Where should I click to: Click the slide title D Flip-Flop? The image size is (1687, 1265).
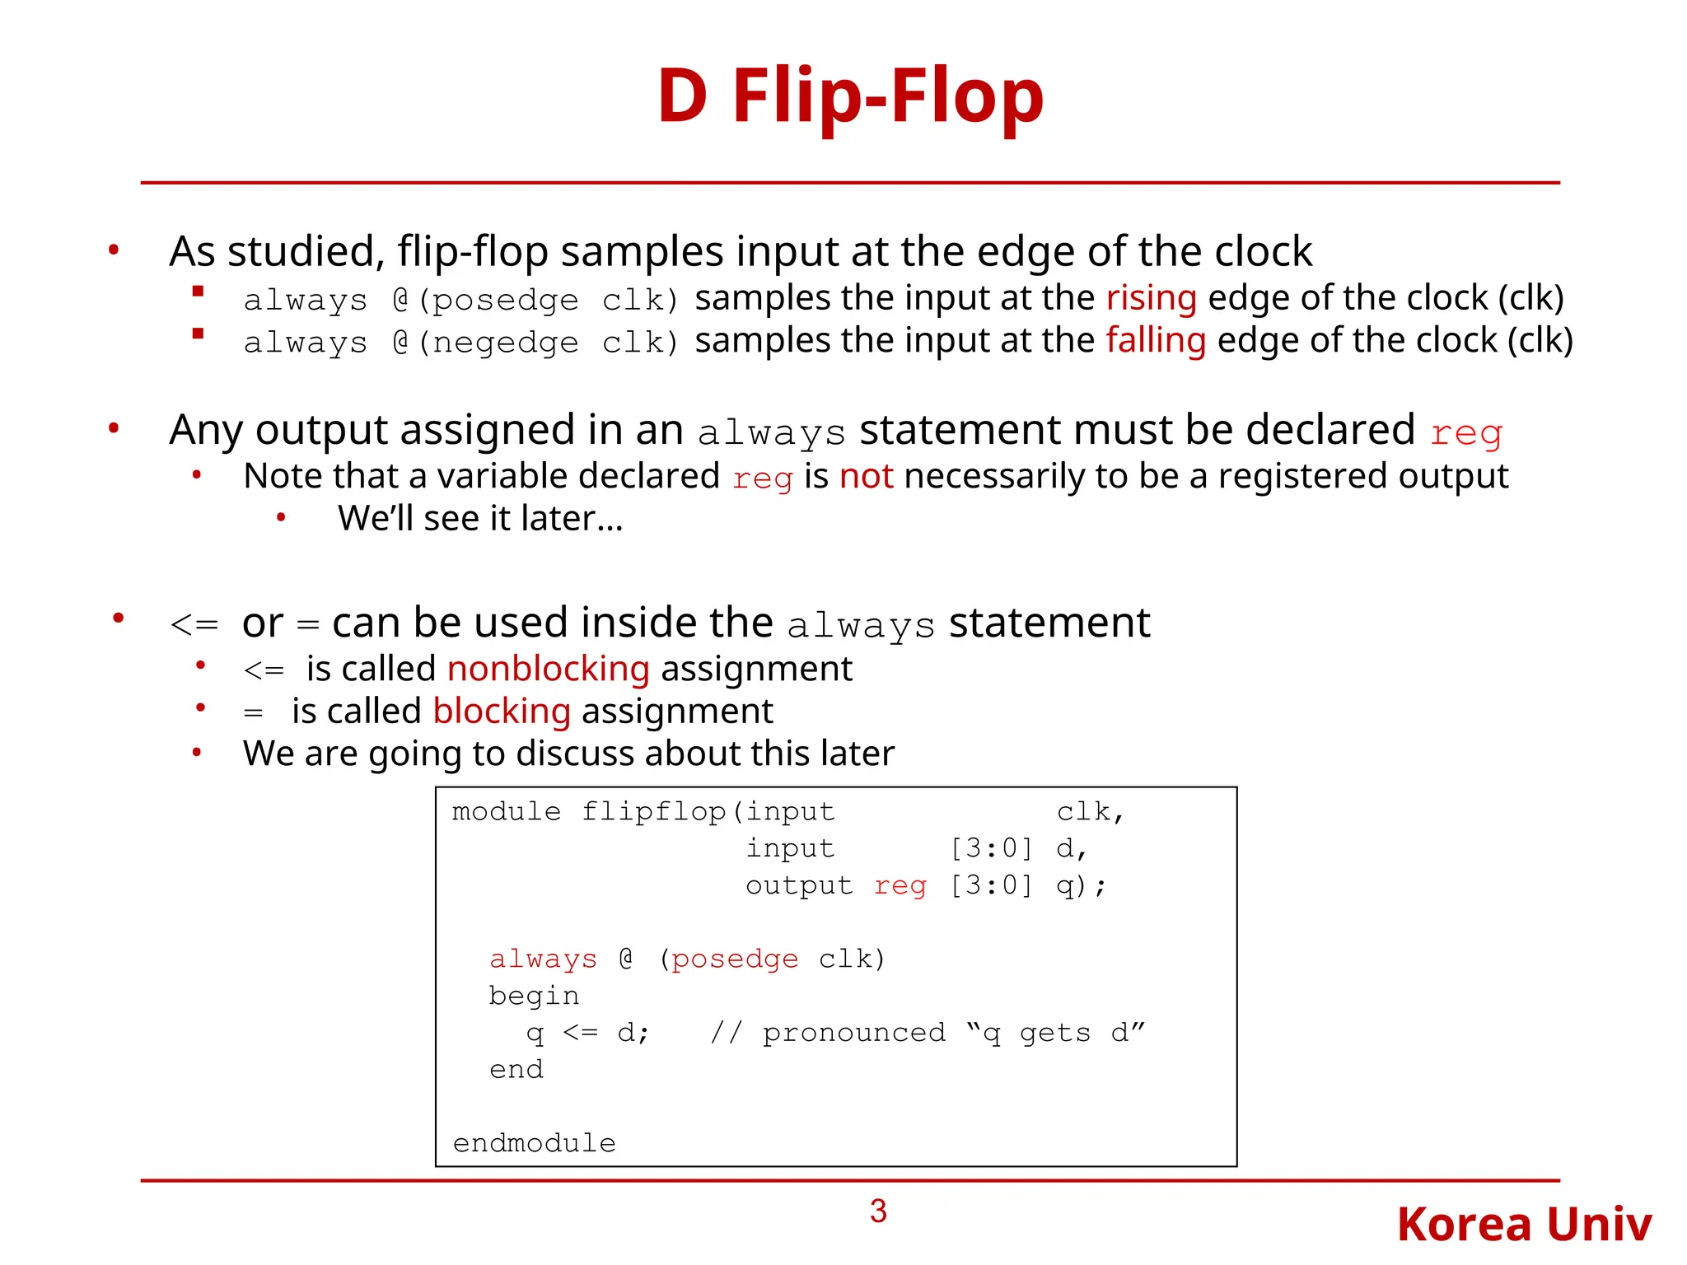click(850, 97)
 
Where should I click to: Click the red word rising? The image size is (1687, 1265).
click(1151, 298)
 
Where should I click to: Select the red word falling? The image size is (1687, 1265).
click(1156, 340)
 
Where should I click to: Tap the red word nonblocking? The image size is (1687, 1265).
click(549, 669)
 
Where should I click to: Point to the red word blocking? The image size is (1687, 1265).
click(502, 712)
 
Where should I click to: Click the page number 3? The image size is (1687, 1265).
click(878, 1211)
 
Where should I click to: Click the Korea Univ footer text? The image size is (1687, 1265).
click(1524, 1225)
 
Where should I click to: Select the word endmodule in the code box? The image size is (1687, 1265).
click(534, 1143)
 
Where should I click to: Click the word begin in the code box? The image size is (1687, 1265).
click(534, 996)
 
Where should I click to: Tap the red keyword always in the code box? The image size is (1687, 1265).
click(543, 959)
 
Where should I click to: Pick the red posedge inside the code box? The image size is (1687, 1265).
click(735, 959)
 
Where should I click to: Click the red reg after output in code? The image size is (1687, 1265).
click(900, 885)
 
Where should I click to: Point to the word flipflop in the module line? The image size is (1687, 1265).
click(653, 812)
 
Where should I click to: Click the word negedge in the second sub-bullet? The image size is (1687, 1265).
click(505, 343)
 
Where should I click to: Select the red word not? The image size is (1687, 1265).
click(866, 477)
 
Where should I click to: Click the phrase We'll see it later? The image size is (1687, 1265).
click(480, 519)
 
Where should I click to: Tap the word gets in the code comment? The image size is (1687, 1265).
click(1054, 1033)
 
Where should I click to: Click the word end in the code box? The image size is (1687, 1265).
click(516, 1069)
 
